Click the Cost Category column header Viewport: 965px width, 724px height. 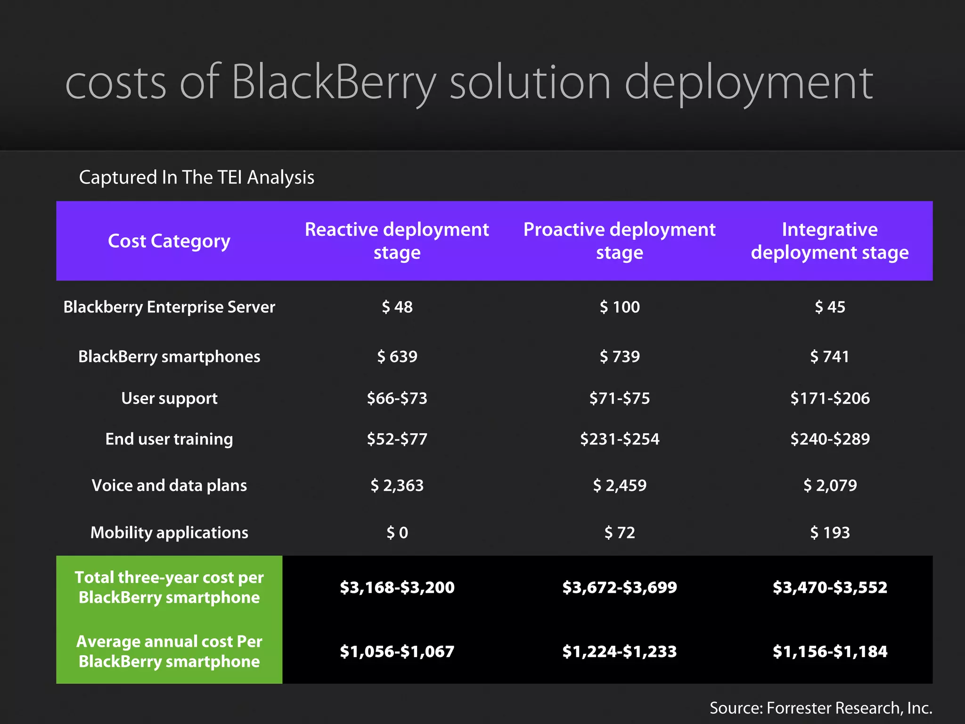pos(169,241)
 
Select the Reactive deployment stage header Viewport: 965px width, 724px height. pos(397,241)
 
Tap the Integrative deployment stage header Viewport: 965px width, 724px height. pos(829,241)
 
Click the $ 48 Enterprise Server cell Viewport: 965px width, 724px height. pos(397,307)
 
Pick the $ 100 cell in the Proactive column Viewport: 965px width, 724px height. pos(619,307)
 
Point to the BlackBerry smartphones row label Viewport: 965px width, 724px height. pos(169,356)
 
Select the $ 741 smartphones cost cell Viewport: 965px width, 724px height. pos(829,356)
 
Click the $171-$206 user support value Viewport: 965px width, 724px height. pos(829,398)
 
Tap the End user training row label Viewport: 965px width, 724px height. pos(169,439)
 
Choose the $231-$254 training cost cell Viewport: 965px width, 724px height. pos(619,439)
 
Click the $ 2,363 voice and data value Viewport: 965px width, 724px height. pos(397,485)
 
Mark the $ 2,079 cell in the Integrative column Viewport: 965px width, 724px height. pos(829,485)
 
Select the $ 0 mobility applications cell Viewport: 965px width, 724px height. pos(397,532)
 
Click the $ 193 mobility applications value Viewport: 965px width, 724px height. pos(829,532)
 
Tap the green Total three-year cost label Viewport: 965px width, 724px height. pos(169,587)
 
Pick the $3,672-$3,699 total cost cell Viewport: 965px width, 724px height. pos(619,587)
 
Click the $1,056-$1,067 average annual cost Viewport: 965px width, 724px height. pos(397,651)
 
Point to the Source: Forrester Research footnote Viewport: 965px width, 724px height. pos(821,708)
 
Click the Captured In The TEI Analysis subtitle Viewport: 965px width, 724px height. pos(196,177)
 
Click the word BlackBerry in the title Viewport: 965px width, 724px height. pos(334,83)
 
